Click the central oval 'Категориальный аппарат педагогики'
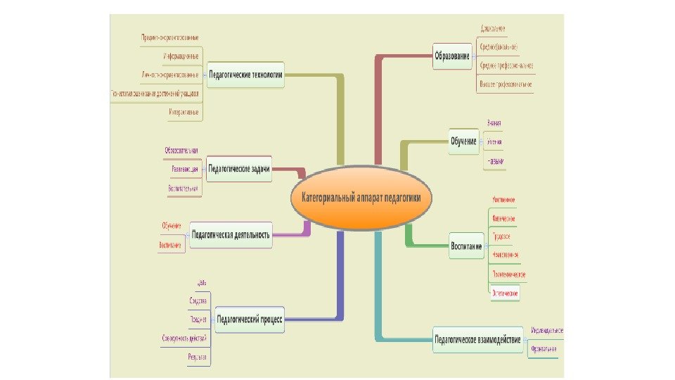click(361, 198)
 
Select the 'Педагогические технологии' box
click(245, 74)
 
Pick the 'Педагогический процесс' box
click(250, 319)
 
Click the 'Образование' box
click(451, 56)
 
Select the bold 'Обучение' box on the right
click(463, 141)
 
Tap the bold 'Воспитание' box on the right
click(466, 246)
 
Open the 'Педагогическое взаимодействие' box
click(477, 340)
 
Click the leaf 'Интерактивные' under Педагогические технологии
click(184, 112)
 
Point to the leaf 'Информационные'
click(179, 56)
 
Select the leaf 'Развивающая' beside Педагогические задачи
click(184, 170)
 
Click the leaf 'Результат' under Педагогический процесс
click(197, 357)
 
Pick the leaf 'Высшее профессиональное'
click(506, 84)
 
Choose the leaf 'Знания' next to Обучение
click(494, 123)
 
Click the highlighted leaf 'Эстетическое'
click(505, 292)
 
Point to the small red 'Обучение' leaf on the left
click(172, 225)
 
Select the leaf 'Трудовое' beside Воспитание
click(501, 236)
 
